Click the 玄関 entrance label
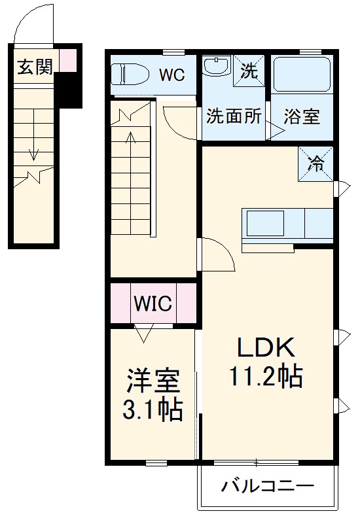click(35, 67)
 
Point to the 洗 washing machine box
click(249, 70)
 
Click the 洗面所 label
click(234, 117)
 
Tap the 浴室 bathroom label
click(302, 118)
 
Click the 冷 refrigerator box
click(316, 164)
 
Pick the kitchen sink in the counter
click(264, 224)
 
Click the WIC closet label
click(153, 303)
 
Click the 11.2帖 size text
click(266, 376)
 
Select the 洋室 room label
click(153, 380)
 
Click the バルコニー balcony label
click(267, 487)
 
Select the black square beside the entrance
click(67, 90)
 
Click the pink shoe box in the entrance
click(67, 61)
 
